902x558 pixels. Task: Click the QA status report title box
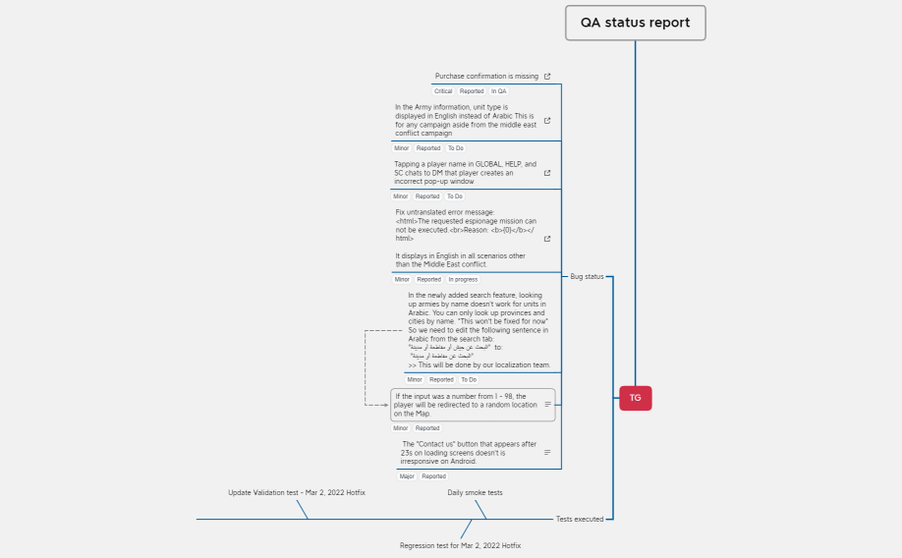coord(635,23)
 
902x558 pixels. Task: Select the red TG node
coord(635,398)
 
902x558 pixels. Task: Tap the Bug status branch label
coord(587,276)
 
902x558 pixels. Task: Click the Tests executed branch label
coord(580,519)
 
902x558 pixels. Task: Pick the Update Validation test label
coord(297,492)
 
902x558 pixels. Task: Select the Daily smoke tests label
coord(475,492)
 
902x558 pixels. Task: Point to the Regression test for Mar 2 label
coord(460,545)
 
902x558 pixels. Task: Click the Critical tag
coord(443,91)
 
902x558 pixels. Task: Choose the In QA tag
coord(499,91)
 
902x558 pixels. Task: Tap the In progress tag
coord(463,279)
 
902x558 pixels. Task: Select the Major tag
coord(407,476)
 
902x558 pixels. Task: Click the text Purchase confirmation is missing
coord(486,76)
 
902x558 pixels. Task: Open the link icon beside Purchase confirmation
coord(547,76)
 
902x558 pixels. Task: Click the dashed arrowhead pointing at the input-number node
coord(386,404)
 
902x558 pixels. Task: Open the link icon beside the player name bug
coord(547,173)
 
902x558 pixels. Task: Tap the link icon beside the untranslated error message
coord(547,238)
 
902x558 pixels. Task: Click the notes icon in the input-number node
coord(547,404)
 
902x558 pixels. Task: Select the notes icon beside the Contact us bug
coord(547,453)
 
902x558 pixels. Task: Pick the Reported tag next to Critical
coord(472,91)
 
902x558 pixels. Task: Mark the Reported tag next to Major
coord(433,476)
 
